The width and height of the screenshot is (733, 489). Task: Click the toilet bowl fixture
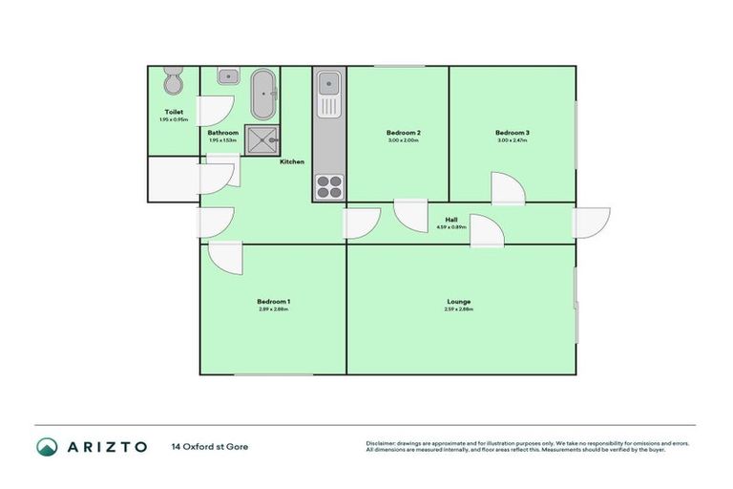(174, 83)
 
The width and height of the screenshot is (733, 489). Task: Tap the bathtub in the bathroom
(262, 93)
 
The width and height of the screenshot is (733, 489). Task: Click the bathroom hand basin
(227, 76)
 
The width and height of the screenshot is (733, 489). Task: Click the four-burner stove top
(329, 185)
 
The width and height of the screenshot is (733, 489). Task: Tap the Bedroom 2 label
(403, 132)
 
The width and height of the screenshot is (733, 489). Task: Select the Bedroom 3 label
(512, 132)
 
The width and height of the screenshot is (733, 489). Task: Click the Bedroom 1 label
(273, 302)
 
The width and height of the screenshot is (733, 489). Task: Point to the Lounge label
(457, 302)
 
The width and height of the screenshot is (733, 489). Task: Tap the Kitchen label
(292, 161)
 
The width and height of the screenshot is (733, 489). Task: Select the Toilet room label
(173, 112)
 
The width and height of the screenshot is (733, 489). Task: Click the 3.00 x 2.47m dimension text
(512, 140)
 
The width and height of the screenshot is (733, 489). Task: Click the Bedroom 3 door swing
(506, 189)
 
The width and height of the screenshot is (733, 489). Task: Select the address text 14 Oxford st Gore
(210, 446)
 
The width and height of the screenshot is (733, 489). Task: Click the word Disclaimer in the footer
(382, 443)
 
